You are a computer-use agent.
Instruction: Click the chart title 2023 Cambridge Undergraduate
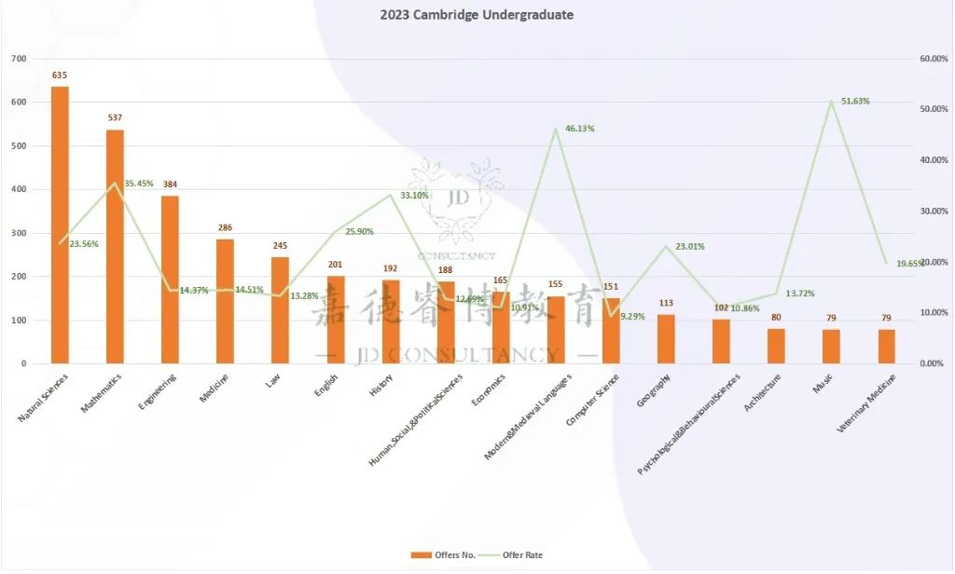[477, 15]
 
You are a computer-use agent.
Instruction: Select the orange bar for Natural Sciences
[60, 225]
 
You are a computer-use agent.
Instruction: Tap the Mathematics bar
[115, 246]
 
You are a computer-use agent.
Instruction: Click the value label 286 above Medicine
[225, 227]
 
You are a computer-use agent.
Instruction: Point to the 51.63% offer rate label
[855, 101]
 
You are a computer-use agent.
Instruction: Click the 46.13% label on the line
[579, 129]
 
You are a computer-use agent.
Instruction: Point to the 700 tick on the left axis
[18, 59]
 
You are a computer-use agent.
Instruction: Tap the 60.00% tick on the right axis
[934, 59]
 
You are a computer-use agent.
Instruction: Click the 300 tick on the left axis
[18, 233]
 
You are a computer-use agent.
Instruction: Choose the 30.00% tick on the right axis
[934, 212]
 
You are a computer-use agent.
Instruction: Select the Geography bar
[666, 339]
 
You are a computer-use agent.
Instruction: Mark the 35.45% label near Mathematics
[138, 184]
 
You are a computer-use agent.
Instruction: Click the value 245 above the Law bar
[280, 246]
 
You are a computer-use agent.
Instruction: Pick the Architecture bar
[776, 346]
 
